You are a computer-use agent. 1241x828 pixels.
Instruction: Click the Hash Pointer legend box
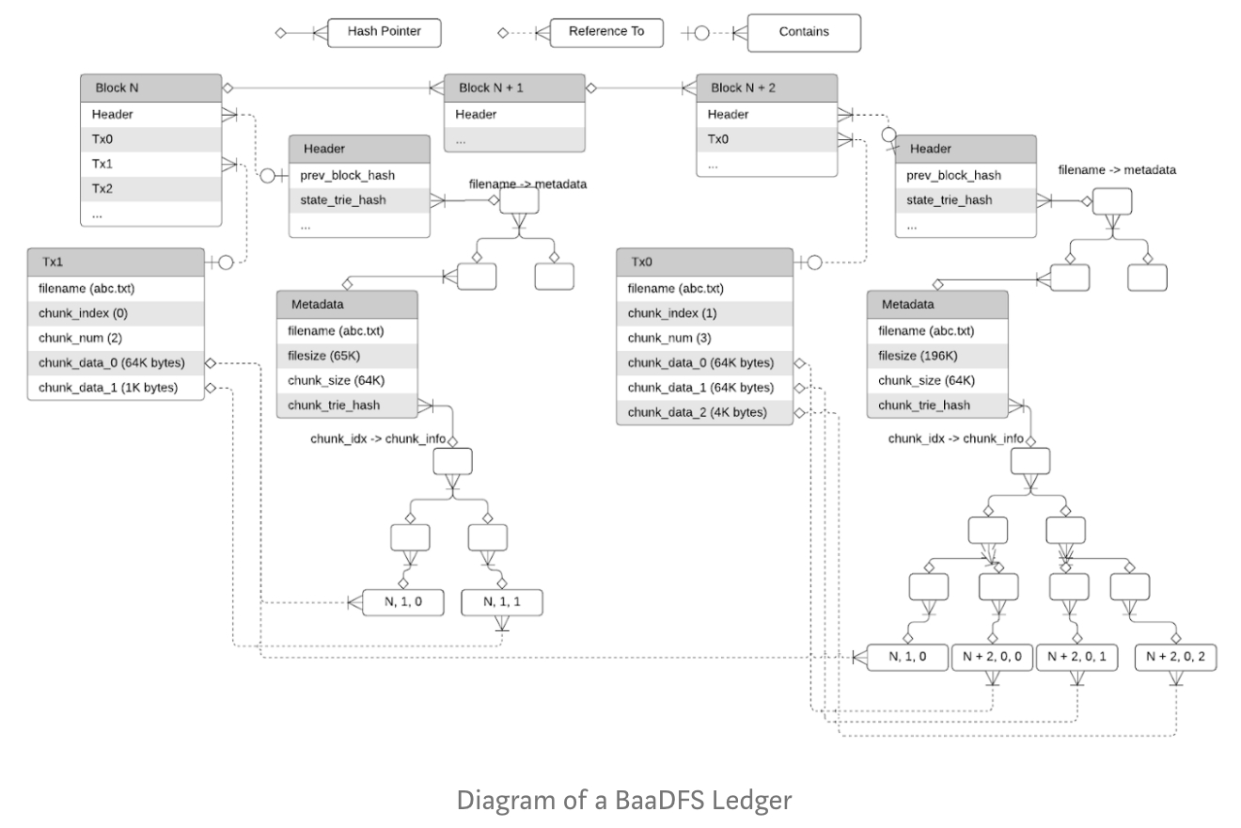[x=384, y=32]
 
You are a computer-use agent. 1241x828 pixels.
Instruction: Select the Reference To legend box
[x=605, y=32]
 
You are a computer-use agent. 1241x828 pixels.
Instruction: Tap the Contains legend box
[x=804, y=32]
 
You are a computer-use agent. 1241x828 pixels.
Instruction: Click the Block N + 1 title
[x=491, y=88]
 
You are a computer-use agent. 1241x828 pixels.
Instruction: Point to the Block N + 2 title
[x=743, y=88]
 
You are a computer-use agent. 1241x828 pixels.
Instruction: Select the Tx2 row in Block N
[x=150, y=188]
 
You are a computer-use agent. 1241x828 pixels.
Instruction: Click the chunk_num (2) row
[x=115, y=338]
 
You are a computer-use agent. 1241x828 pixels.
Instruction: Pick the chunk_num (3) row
[x=704, y=338]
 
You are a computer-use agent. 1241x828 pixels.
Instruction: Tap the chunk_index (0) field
[x=115, y=313]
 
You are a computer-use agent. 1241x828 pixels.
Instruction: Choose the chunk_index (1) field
[x=704, y=313]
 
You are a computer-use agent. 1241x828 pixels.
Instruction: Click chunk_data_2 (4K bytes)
[x=704, y=412]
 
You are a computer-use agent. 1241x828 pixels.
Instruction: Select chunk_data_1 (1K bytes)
[x=115, y=388]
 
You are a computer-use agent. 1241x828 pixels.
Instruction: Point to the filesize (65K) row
[x=347, y=356]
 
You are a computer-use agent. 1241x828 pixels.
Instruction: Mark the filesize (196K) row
[x=937, y=356]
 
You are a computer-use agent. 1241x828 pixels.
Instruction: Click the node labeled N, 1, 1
[x=502, y=601]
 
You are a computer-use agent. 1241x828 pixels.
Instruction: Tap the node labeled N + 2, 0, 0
[x=993, y=657]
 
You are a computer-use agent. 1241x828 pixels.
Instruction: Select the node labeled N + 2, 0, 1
[x=1077, y=657]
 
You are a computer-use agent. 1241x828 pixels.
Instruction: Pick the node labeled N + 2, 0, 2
[x=1175, y=657]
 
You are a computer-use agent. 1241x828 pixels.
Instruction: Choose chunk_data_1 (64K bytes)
[x=704, y=388]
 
